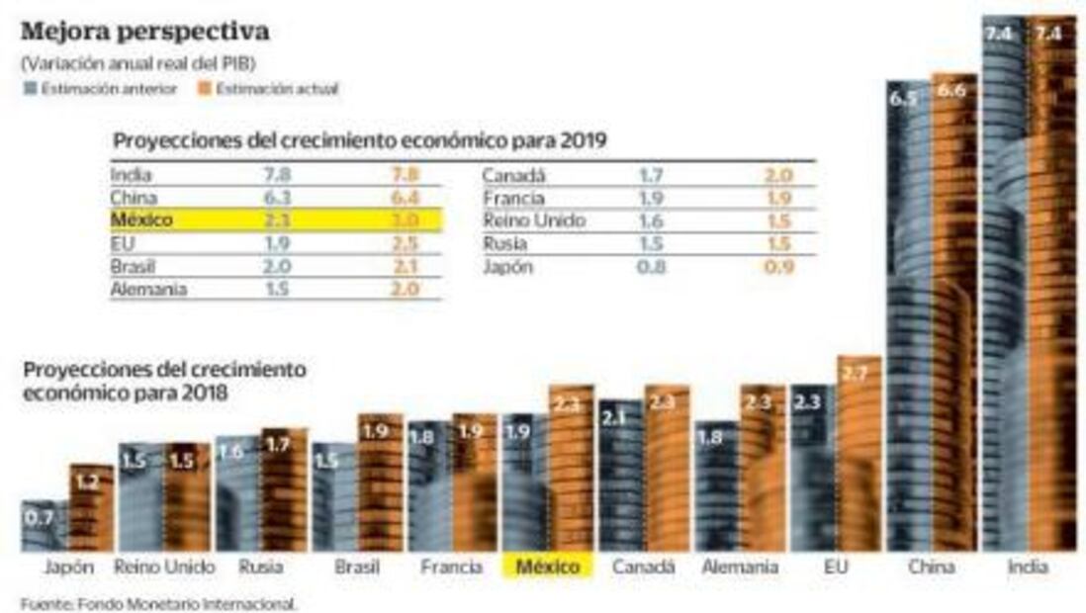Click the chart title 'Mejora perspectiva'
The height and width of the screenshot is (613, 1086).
coord(144,31)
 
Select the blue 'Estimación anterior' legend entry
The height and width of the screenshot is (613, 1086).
coord(100,89)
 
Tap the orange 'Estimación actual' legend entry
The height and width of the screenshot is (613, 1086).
coord(270,89)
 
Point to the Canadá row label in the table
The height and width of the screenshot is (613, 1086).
coord(514,177)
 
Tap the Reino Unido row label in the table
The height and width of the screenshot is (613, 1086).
coord(534,220)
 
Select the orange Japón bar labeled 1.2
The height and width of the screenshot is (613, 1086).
coord(90,509)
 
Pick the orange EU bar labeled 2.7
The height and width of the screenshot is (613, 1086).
coord(858,455)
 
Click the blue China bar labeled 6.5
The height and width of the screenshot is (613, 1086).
coord(907,316)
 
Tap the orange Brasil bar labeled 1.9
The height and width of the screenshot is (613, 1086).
coord(380,484)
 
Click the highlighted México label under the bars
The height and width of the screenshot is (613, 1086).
coord(548,568)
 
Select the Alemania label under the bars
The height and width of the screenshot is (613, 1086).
coord(739,568)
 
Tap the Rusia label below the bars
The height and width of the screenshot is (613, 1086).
coord(261,568)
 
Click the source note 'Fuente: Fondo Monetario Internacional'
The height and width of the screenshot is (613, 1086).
coord(158,602)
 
